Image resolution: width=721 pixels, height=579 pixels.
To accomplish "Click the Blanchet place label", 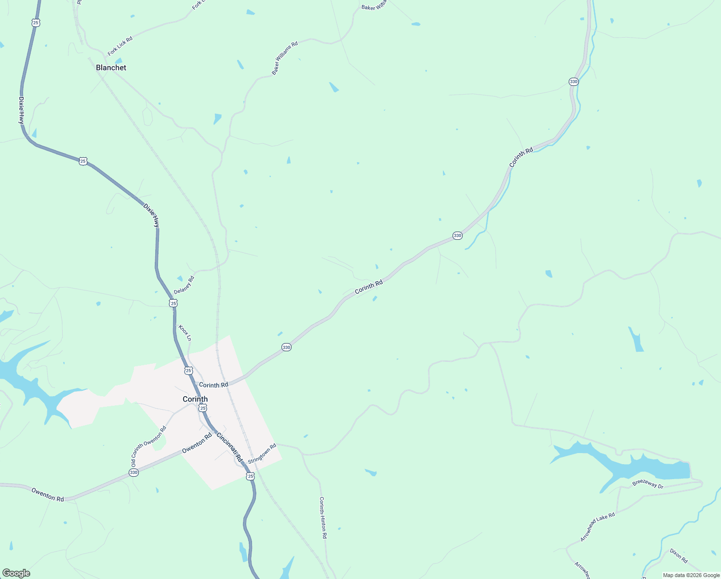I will click(x=111, y=68).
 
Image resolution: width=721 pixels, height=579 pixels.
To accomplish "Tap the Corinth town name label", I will click(x=195, y=399).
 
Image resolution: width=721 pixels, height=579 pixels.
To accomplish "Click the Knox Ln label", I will click(x=185, y=333).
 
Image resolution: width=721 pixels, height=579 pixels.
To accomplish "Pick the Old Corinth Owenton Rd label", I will click(x=148, y=446).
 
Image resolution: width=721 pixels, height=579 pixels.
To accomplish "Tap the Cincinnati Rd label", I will click(x=229, y=447).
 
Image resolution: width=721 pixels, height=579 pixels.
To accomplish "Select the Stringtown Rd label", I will click(x=262, y=454).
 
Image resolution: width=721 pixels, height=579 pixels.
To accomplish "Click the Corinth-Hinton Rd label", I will click(x=323, y=518).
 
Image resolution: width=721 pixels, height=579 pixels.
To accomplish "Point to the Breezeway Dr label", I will click(x=648, y=484).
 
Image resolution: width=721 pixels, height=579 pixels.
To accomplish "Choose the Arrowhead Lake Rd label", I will click(x=598, y=527).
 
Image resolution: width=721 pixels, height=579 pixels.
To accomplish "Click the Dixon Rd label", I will click(x=679, y=556).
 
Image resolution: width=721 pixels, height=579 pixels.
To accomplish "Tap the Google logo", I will click(x=16, y=573).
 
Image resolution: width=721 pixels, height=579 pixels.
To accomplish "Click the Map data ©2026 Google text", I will click(x=691, y=575).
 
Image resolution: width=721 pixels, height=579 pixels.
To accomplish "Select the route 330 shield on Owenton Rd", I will click(x=134, y=473).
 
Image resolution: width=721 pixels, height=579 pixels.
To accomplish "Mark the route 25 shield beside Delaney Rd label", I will click(x=174, y=303).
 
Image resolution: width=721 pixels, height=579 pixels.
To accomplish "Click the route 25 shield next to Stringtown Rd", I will click(x=250, y=476).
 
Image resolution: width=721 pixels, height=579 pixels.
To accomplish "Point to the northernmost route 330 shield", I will click(x=574, y=82).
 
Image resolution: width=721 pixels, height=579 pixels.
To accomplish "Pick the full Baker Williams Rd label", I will click(x=285, y=58).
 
